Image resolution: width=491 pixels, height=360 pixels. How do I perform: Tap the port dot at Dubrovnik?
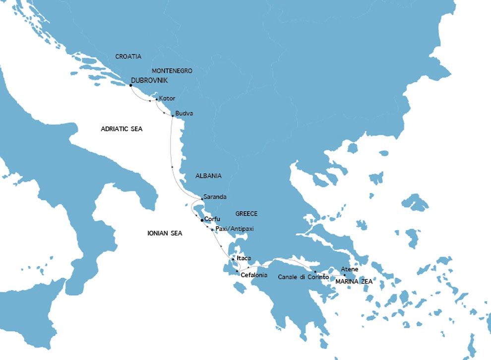(130, 85)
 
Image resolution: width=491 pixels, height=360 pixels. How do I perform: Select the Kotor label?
(167, 98)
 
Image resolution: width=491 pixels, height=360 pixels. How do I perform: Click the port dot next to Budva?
(172, 116)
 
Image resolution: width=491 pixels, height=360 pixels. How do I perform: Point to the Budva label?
(184, 114)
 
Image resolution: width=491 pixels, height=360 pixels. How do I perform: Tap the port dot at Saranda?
(202, 199)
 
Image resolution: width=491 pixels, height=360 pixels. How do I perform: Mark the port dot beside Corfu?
(202, 220)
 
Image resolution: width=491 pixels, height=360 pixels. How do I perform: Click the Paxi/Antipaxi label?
(235, 229)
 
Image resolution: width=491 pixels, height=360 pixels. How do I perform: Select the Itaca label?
(244, 258)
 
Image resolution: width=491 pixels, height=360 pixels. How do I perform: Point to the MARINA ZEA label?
(354, 281)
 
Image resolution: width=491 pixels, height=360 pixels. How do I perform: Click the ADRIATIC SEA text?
(122, 129)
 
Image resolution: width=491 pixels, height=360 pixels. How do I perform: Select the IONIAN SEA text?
(165, 233)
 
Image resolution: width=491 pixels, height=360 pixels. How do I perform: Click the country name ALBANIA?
(208, 176)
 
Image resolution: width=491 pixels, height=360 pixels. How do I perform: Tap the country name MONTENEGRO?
(172, 71)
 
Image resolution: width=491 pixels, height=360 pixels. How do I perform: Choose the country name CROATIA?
(128, 57)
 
